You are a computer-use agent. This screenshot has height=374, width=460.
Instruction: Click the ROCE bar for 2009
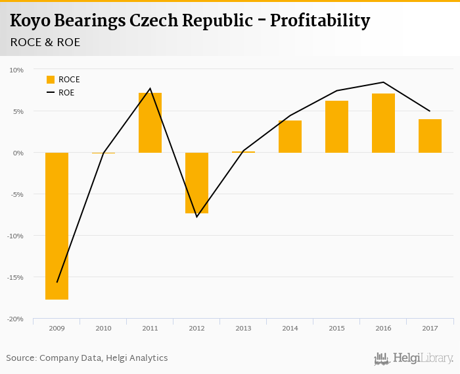click(57, 226)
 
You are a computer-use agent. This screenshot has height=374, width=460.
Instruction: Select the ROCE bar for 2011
click(150, 122)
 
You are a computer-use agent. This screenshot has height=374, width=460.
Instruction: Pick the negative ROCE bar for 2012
click(196, 182)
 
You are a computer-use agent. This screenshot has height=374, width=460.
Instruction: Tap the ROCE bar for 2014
click(290, 136)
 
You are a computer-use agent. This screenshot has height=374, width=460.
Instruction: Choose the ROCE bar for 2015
click(336, 126)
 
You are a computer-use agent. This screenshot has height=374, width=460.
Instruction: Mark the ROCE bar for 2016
click(383, 123)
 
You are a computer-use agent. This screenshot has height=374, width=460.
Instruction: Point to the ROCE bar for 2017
click(430, 136)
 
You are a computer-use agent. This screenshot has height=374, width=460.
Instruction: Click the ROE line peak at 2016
click(383, 82)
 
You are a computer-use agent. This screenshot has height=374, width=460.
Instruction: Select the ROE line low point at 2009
click(57, 282)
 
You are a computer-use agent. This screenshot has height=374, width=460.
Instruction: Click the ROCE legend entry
click(63, 80)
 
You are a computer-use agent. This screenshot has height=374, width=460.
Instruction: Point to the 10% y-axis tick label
click(16, 70)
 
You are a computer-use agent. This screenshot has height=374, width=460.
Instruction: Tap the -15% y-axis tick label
click(15, 277)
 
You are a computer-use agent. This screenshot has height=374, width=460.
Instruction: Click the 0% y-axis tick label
click(18, 153)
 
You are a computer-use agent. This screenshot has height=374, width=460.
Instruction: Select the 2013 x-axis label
click(243, 328)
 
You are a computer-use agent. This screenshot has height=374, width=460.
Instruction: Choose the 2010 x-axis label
click(103, 328)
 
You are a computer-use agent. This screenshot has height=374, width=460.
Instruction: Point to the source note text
click(87, 358)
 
